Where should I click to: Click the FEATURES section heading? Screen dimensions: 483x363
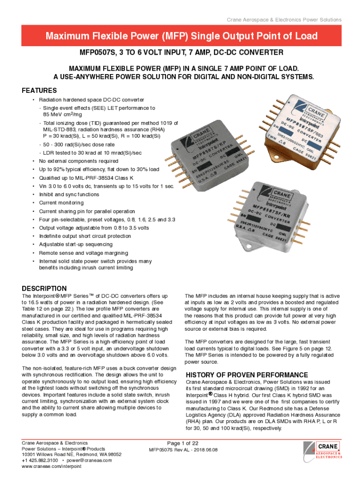[x=40, y=91]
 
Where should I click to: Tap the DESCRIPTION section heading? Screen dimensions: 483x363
[x=45, y=288]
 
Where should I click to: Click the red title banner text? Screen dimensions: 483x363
[x=181, y=36]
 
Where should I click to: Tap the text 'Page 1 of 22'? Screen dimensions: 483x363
[x=183, y=443]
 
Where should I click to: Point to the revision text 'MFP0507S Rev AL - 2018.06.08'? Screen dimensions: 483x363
[x=183, y=450]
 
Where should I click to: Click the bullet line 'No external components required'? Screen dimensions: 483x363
[x=78, y=160]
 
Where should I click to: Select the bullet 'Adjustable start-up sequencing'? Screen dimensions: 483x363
[x=75, y=244]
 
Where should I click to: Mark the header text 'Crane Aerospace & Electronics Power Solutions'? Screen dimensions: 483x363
[x=284, y=19]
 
